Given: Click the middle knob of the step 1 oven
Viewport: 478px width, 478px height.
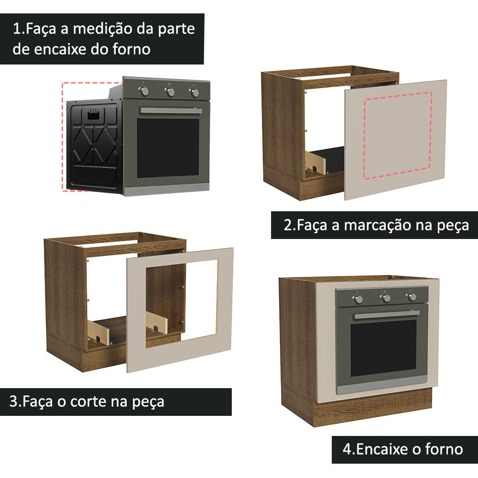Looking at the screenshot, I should pos(170,92).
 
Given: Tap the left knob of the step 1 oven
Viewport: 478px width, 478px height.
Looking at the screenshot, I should pos(144,91).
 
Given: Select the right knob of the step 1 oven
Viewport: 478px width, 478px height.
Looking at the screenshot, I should pos(194,93).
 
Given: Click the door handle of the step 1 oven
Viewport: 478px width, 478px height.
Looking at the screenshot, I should pos(170,111).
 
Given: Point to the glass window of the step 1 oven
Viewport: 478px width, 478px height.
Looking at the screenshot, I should pos(168,147).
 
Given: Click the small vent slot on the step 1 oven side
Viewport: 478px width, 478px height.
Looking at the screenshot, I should pos(94,114).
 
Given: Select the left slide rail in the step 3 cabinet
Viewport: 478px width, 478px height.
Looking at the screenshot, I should pos(98,332).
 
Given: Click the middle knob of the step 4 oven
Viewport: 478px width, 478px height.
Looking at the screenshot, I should pos(385,298).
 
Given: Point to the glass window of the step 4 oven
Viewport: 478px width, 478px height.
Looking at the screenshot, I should pos(383,347).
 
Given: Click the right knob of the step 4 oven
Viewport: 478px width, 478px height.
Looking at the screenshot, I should pos(411,297).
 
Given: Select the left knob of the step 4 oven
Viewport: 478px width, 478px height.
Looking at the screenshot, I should pos(358,299).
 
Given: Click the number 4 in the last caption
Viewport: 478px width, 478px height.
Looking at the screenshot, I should pos(348,449).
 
